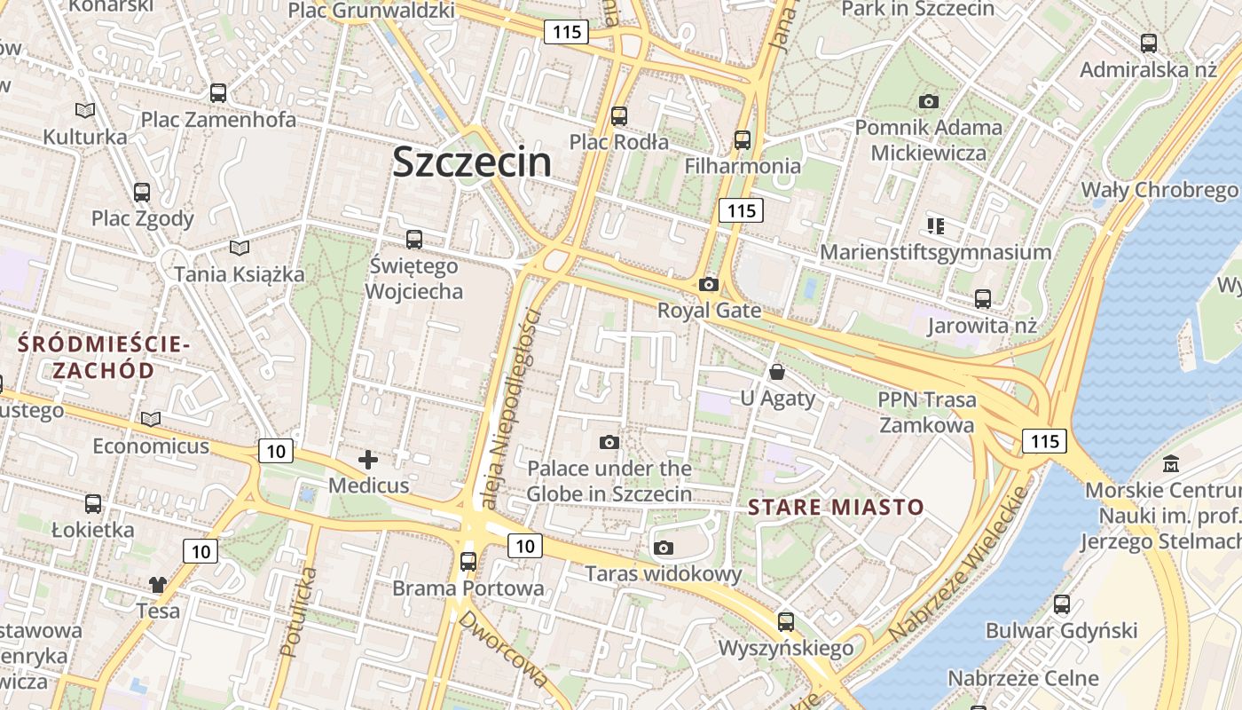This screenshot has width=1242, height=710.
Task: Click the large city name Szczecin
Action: pos(471,162)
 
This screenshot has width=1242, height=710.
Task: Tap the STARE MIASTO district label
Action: pos(836,508)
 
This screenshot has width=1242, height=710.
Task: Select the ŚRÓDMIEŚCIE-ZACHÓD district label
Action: pos(103,357)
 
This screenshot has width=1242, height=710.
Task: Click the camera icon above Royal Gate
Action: pos(708,284)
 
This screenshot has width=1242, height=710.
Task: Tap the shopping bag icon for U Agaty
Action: pos(777,372)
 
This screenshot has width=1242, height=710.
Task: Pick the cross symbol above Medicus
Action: pos(368,460)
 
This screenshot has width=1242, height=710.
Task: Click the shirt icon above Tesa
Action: pos(158,584)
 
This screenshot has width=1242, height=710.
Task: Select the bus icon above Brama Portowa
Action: pos(468,561)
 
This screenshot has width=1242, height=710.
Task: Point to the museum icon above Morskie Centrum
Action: pos(1171,463)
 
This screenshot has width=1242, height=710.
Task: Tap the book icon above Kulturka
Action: pos(85,110)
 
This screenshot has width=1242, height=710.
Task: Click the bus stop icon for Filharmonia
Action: pos(743,139)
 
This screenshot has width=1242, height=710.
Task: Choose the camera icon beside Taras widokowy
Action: pos(663,548)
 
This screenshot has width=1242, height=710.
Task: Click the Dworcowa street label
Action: pos(502,648)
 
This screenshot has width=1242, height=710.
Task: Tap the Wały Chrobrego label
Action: pos(1159,190)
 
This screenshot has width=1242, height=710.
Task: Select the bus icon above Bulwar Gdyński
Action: pos(1062,604)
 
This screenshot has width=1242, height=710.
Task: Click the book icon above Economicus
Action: pos(151,419)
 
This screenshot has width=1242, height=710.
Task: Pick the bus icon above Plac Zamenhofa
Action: pos(218,92)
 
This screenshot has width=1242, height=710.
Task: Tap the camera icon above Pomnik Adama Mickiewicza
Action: pos(929,101)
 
